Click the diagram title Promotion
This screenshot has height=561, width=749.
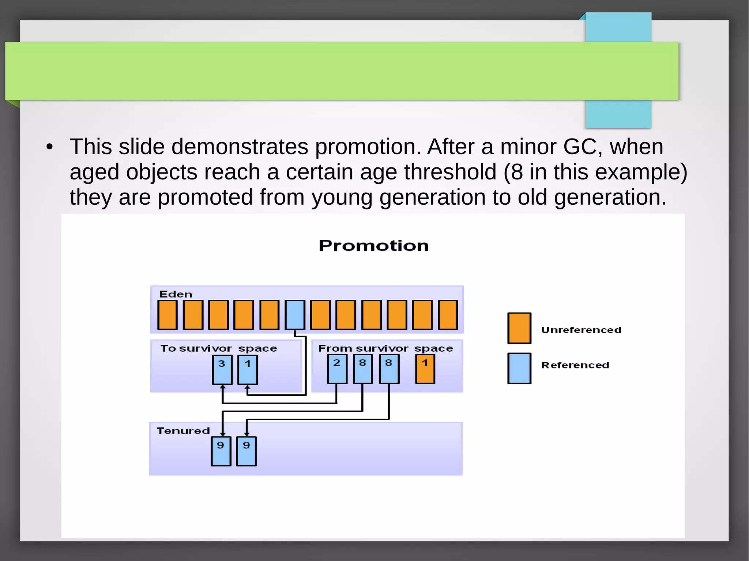[373, 246]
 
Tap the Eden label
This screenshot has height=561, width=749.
[176, 294]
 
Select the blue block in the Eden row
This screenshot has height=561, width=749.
[295, 315]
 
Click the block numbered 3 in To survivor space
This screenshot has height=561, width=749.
[222, 370]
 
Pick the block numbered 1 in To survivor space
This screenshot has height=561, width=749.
[248, 370]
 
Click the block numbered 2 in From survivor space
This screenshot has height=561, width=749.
[337, 369]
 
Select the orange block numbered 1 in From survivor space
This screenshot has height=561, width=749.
[425, 369]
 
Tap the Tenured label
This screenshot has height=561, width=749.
[183, 431]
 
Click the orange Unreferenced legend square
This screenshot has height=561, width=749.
[519, 328]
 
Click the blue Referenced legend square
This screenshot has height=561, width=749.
[519, 368]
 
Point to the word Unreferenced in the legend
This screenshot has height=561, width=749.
[581, 330]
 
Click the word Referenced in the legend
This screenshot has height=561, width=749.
[575, 365]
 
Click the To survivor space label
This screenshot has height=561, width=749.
[218, 349]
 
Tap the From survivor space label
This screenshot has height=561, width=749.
[385, 349]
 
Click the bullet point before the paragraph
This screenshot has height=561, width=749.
[50, 147]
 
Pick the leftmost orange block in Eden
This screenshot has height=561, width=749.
[168, 315]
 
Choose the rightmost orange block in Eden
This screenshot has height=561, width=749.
[448, 315]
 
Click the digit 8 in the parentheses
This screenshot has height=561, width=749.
[517, 172]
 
